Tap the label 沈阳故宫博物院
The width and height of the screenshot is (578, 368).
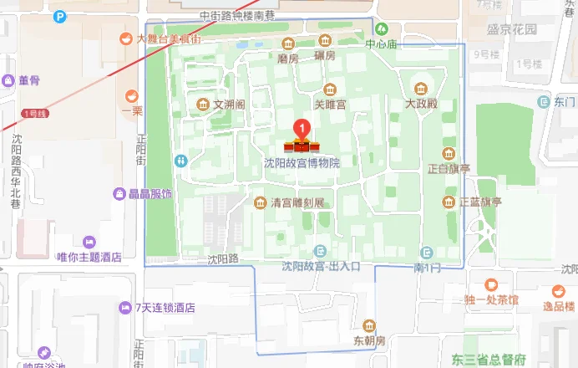click(x=302, y=162)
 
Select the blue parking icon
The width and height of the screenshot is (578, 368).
click(x=60, y=16)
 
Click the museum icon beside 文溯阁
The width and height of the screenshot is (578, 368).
click(x=202, y=105)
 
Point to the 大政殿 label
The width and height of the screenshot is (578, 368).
click(x=422, y=105)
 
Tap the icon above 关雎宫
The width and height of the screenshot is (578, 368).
click(x=330, y=89)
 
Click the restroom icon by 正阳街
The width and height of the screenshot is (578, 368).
click(x=180, y=160)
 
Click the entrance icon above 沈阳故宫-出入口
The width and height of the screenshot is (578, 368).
click(x=320, y=252)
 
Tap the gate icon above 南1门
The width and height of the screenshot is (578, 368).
click(x=428, y=252)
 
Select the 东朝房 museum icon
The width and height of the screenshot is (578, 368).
click(x=369, y=326)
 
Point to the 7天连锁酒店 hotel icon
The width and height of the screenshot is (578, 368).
click(x=125, y=307)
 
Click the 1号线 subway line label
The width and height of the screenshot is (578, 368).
click(x=34, y=113)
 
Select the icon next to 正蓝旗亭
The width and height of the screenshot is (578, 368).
click(x=449, y=202)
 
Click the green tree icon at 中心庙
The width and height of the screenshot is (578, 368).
click(x=381, y=30)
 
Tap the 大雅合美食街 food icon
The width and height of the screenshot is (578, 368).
click(x=125, y=38)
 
